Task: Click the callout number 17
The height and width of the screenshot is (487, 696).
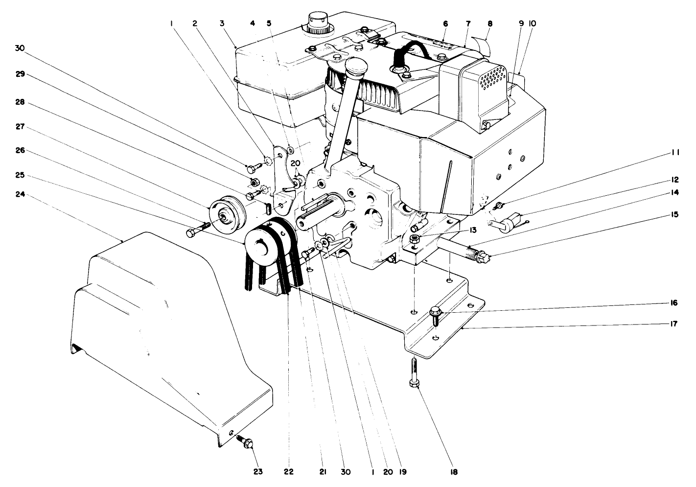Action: pos(674,324)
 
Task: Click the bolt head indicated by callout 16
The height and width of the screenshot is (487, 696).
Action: pos(435,311)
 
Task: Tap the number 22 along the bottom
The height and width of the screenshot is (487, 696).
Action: pos(288,471)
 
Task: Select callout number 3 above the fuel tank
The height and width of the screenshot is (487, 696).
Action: pos(222,23)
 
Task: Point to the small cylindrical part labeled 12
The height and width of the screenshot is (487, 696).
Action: pos(509,221)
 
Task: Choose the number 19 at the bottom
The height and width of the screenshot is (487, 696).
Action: pos(402,471)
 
